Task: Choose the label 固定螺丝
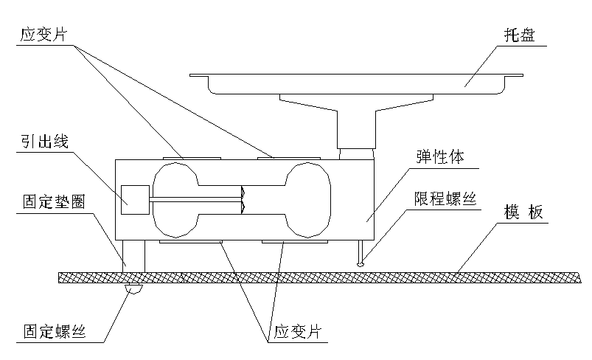[54, 331]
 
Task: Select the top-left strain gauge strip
[191, 156]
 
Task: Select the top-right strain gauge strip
[288, 156]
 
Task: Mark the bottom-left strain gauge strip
[191, 240]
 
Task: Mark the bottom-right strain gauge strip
[288, 240]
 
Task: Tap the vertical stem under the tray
[357, 129]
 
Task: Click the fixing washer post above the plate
[135, 257]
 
